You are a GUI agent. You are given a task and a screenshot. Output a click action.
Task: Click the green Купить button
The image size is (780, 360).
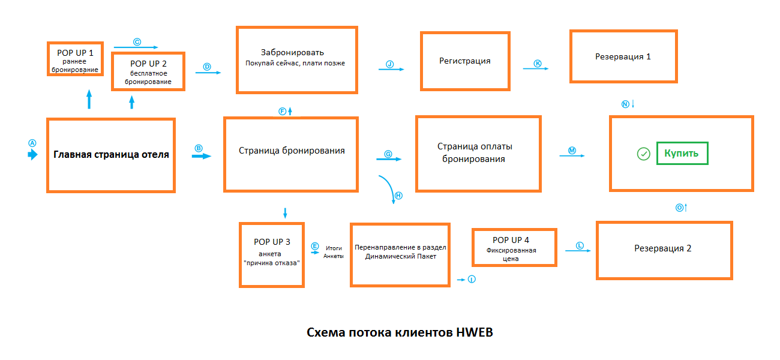pyautogui.click(x=682, y=153)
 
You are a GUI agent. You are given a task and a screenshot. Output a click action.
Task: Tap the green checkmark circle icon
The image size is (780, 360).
pyautogui.click(x=643, y=154)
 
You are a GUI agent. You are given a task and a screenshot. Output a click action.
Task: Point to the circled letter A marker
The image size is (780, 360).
pyautogui.click(x=32, y=143)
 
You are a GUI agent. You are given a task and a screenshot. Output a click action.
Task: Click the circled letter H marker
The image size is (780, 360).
pyautogui.click(x=399, y=196)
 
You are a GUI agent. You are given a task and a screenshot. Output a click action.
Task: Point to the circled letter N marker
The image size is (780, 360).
pyautogui.click(x=625, y=104)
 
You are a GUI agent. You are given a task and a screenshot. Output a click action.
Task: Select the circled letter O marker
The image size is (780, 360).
pyautogui.click(x=679, y=208)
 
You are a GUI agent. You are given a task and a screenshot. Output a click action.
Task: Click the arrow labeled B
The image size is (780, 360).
pyautogui.click(x=202, y=157)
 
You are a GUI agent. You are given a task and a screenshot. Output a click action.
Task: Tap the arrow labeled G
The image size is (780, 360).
pyautogui.click(x=389, y=159)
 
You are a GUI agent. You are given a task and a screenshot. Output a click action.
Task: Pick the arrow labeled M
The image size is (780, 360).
pyautogui.click(x=572, y=155)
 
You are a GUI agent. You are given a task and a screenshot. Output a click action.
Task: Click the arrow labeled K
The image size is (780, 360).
pyautogui.click(x=536, y=68)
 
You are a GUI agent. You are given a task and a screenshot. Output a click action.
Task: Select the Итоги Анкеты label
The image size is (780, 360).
pyautogui.click(x=334, y=252)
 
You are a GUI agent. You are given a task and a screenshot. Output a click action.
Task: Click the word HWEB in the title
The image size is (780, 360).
pyautogui.click(x=475, y=332)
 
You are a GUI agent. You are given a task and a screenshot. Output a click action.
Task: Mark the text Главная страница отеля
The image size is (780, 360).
pyautogui.click(x=111, y=154)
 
